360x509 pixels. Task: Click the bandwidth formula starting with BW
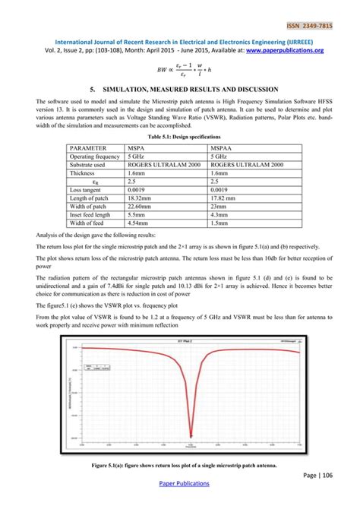tap(181, 71)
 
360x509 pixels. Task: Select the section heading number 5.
tap(94, 90)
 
